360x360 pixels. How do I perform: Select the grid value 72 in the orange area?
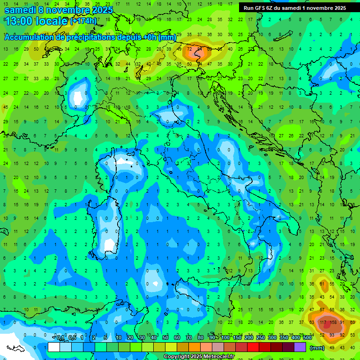click(x=189, y=49)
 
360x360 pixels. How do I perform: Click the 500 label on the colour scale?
click(x=307, y=338)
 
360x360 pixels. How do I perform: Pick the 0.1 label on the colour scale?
click(x=61, y=338)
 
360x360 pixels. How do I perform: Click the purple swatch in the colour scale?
click(x=300, y=347)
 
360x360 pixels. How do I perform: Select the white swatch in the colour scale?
click(x=54, y=347)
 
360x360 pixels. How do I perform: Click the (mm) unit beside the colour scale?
click(x=317, y=347)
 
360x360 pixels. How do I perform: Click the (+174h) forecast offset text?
click(x=83, y=21)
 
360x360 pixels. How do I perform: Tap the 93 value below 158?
click(x=332, y=335)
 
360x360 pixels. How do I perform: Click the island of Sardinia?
click(x=109, y=225)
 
